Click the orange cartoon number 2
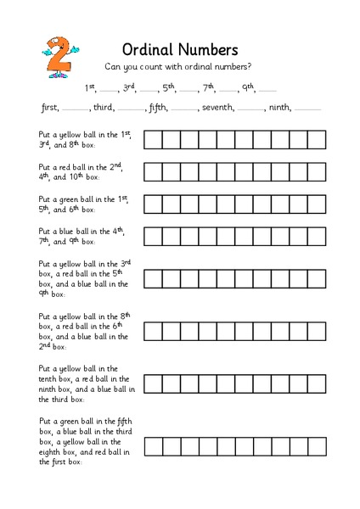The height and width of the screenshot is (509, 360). (58, 57)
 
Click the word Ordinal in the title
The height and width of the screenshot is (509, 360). (153, 49)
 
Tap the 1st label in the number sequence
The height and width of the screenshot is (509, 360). (90, 87)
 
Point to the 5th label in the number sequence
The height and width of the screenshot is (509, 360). (169, 87)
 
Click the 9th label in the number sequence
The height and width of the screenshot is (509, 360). (247, 87)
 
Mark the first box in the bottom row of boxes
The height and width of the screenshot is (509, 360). (153, 446)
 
